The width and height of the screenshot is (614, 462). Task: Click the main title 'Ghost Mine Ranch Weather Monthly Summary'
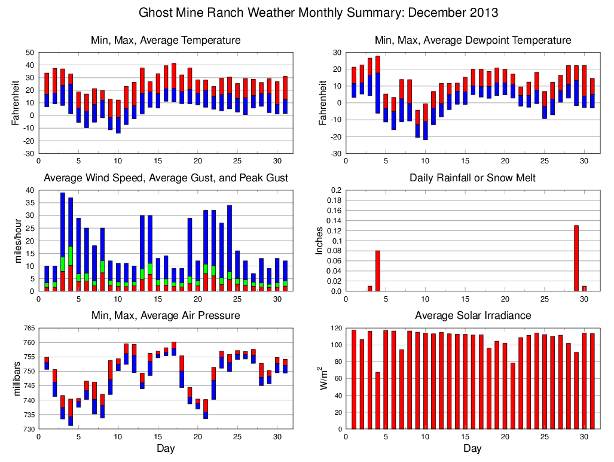pyautogui.click(x=318, y=13)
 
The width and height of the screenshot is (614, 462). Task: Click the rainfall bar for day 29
pyautogui.click(x=576, y=258)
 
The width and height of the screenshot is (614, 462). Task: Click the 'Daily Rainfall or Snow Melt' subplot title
pyautogui.click(x=472, y=178)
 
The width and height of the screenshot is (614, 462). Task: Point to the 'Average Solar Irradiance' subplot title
pyautogui.click(x=472, y=315)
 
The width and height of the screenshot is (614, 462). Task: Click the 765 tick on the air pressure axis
pyautogui.click(x=28, y=328)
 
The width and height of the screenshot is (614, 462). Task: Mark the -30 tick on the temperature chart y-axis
pyautogui.click(x=28, y=154)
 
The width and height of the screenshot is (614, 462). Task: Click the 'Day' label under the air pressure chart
pyautogui.click(x=166, y=448)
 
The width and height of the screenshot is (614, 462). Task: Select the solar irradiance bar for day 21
pyautogui.click(x=513, y=396)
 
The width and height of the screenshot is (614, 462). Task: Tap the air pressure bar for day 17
pyautogui.click(x=173, y=349)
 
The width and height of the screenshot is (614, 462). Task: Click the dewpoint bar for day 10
pyautogui.click(x=425, y=121)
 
